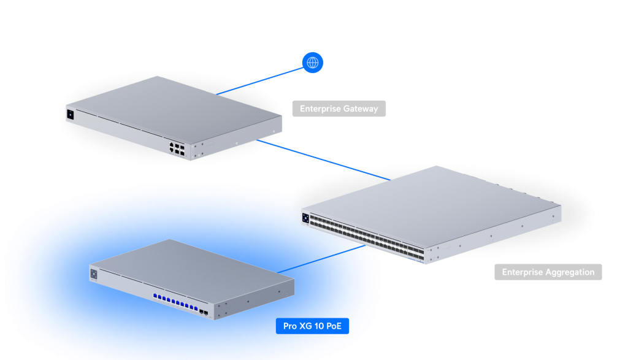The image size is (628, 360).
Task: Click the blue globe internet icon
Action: tap(313, 62)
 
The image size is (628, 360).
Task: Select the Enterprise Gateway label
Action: tap(339, 109)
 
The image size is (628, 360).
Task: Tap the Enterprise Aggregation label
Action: tap(548, 272)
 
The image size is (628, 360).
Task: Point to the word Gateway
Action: tap(361, 109)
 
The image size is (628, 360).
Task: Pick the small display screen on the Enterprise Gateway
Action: tap(70, 114)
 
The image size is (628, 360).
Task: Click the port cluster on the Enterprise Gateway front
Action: tap(175, 148)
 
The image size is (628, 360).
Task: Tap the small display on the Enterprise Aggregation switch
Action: tap(305, 215)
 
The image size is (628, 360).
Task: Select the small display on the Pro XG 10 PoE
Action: tap(94, 274)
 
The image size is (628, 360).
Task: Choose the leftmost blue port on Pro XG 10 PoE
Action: tap(155, 295)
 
